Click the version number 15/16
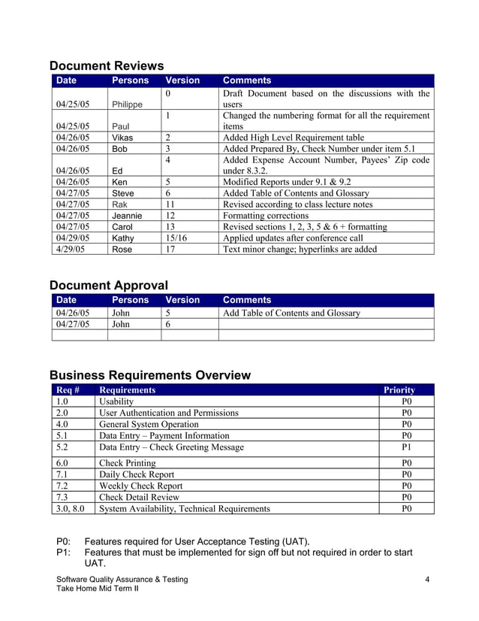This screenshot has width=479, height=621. [176, 238]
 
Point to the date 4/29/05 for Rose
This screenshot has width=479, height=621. [71, 249]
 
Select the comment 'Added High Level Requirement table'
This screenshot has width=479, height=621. [294, 138]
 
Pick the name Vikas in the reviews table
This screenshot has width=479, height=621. [124, 138]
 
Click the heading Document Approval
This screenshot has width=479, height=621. [108, 285]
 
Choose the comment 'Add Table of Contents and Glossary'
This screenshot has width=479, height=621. [291, 313]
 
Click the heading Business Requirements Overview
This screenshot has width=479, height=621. [149, 375]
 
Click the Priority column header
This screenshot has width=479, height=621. [399, 389]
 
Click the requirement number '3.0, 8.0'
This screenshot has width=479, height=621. [71, 508]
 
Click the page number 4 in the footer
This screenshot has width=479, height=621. [426, 578]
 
